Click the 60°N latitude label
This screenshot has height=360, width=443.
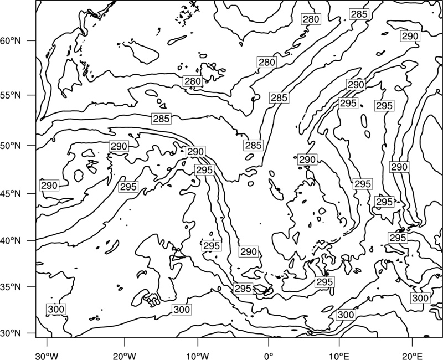pyautogui.click(x=11, y=40)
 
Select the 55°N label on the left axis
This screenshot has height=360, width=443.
pyautogui.click(x=11, y=95)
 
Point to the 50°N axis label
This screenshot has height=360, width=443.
pyautogui.click(x=11, y=146)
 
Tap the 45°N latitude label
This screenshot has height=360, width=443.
pyautogui.click(x=11, y=193)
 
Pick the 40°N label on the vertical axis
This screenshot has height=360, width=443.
pyautogui.click(x=11, y=240)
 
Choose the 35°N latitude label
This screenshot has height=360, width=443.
pyautogui.click(x=11, y=287)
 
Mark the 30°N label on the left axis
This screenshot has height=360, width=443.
pyautogui.click(x=11, y=333)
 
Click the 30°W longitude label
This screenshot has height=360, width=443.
pyautogui.click(x=47, y=356)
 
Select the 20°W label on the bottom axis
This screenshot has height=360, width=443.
pyautogui.click(x=125, y=356)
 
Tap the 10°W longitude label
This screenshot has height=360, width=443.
pyautogui.click(x=198, y=356)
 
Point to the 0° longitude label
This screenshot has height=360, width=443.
pyautogui.click(x=268, y=356)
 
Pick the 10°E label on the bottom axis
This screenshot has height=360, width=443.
pyautogui.click(x=339, y=356)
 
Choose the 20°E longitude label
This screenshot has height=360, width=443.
pyautogui.click(x=412, y=356)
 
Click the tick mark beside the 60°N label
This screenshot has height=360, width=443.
pyautogui.click(x=32, y=40)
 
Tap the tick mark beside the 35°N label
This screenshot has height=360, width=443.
pyautogui.click(x=32, y=287)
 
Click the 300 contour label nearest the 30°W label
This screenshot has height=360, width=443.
pyautogui.click(x=56, y=309)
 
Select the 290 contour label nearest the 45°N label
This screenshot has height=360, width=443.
pyautogui.click(x=49, y=186)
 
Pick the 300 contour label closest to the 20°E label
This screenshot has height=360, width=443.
pyautogui.click(x=420, y=298)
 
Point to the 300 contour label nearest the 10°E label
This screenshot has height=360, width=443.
pyautogui.click(x=346, y=315)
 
